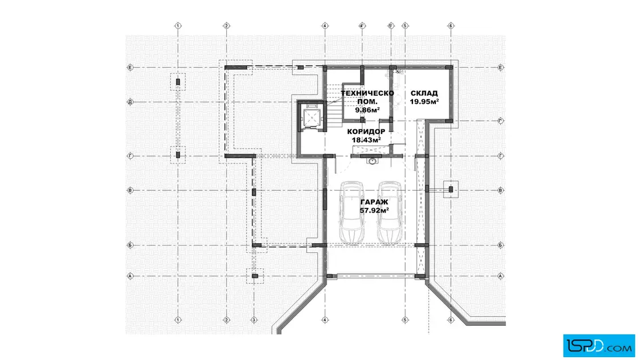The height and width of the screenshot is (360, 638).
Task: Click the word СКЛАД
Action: [424, 93]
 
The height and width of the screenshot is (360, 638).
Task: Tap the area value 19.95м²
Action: [424, 102]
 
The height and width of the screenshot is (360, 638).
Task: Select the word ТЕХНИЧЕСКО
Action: [367, 93]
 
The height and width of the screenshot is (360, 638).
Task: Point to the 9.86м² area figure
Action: [367, 110]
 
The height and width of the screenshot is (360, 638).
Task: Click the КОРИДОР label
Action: [366, 132]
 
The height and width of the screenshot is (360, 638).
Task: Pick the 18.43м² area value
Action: [366, 140]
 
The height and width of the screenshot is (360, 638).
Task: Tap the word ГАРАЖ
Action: [374, 202]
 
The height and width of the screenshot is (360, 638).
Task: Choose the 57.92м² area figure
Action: [374, 210]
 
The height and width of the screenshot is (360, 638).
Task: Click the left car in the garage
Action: [352, 212]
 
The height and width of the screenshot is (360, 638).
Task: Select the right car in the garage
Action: [390, 212]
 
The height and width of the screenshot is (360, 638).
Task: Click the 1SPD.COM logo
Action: [599, 346]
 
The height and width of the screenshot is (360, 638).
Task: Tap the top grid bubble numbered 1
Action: [178, 26]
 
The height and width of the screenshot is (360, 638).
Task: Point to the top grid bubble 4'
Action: [362, 26]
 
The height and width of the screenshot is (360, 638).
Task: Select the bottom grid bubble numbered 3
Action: [254, 320]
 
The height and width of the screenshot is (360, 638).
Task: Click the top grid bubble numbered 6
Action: [451, 26]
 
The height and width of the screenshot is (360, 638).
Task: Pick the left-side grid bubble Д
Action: [130, 102]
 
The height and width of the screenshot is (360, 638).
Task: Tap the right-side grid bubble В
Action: [501, 190]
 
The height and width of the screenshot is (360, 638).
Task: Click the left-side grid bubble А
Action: [130, 276]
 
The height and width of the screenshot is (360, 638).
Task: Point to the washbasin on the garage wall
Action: [371, 161]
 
